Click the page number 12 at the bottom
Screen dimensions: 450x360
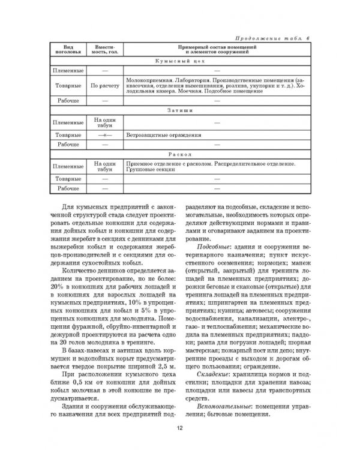coord(179,428)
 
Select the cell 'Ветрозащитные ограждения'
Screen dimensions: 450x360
coord(158,136)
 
